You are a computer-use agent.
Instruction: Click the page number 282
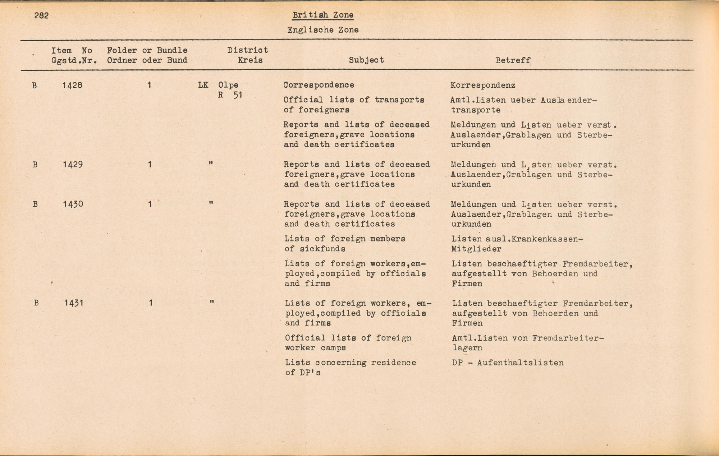click(41, 15)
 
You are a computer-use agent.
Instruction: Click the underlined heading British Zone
click(323, 15)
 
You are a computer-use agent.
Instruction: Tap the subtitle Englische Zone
click(323, 30)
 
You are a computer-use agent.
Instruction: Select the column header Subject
click(366, 60)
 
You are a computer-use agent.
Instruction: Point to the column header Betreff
click(513, 60)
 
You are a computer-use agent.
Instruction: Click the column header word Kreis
click(250, 60)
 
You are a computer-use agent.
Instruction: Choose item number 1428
click(72, 85)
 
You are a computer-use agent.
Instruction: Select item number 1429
click(73, 165)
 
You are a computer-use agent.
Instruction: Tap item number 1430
click(73, 204)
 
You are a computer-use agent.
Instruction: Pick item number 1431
click(74, 303)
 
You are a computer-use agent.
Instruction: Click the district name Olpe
click(228, 85)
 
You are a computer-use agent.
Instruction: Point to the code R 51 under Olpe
click(230, 95)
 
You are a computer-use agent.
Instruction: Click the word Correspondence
click(319, 85)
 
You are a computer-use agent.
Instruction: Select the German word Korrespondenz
click(483, 86)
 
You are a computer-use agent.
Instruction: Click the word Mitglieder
click(476, 249)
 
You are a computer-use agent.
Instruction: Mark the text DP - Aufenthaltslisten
click(508, 363)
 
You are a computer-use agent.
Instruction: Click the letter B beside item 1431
click(36, 303)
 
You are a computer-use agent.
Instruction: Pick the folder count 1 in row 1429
click(150, 165)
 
